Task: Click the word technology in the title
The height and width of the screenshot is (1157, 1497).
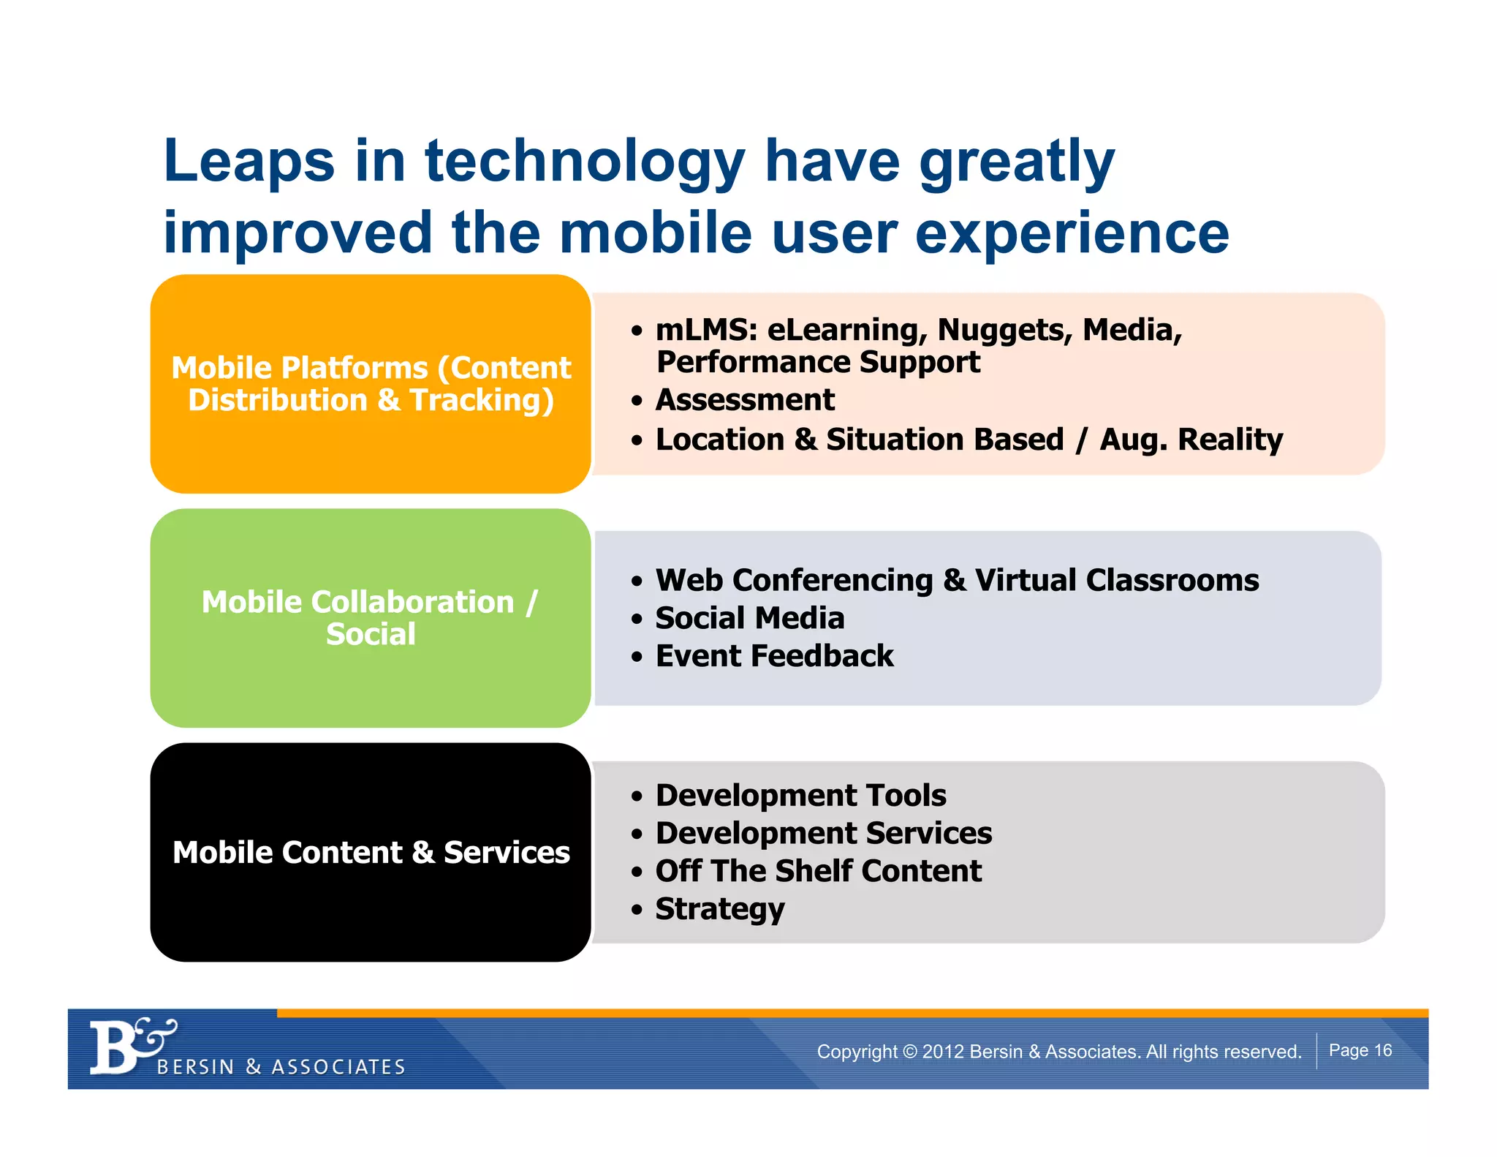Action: coord(585,162)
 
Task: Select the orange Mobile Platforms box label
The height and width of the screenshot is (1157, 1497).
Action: coord(371,384)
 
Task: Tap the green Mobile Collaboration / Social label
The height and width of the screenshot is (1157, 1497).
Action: coord(371,618)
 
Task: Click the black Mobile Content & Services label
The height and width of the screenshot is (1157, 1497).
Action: coord(371,853)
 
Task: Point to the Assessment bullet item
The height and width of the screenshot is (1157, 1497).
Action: coord(744,400)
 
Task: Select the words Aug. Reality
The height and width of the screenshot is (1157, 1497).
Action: coord(1191,440)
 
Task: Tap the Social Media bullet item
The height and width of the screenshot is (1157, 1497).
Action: coord(749,618)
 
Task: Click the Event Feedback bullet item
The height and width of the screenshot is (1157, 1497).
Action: coord(774,656)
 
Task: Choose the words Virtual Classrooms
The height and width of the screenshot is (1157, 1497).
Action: coord(1116,580)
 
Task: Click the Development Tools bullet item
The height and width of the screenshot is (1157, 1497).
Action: coord(800,795)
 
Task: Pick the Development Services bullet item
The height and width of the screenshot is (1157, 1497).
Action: coord(823,833)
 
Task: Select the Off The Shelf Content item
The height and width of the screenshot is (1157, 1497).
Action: coord(818,871)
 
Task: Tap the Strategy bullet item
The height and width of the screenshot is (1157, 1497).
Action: coord(719,909)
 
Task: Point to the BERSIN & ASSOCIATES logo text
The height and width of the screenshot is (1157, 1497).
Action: coord(281,1067)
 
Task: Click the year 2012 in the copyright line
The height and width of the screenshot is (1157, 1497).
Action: coord(943,1052)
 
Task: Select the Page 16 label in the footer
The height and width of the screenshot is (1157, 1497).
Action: coord(1360,1050)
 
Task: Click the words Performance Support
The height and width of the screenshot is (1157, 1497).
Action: coord(818,362)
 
